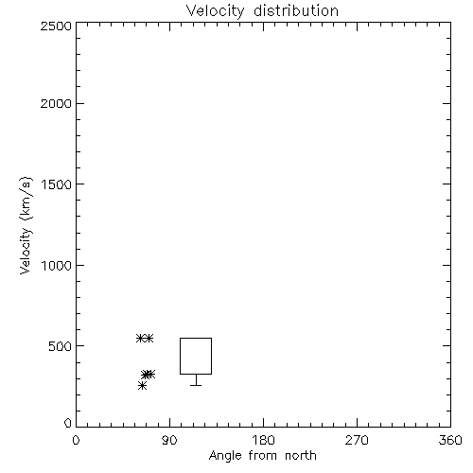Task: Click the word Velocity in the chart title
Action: coord(215,11)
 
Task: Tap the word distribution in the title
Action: coord(296,10)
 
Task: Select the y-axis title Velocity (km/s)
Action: coord(26,225)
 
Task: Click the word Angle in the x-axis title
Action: coord(225,456)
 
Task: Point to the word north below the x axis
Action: coord(301,455)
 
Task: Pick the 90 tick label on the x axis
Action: coord(169,440)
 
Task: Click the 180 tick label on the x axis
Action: coord(263,440)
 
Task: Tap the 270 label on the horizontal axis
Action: coord(357,440)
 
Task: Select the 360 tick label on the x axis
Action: coord(450,440)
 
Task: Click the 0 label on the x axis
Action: coord(76,440)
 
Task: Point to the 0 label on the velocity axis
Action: coord(68,423)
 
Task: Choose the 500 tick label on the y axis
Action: coord(60,346)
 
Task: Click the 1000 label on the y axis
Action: coord(57,266)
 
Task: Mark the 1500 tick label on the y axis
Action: coord(57,184)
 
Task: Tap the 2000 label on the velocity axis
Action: coord(56,104)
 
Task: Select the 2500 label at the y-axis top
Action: coord(56,26)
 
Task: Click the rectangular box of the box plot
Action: coord(180,356)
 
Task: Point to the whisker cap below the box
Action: coord(196,385)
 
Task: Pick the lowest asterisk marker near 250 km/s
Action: coord(142,385)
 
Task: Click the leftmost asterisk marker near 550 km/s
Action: coord(140,338)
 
